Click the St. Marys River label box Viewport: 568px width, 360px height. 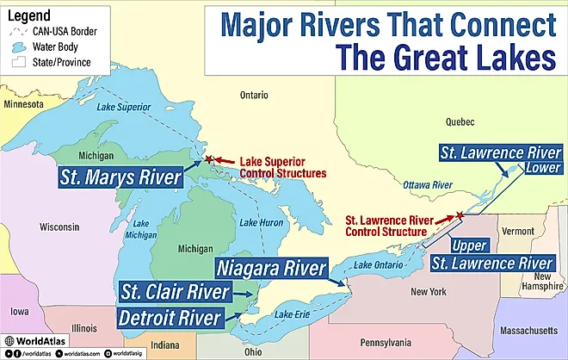[x=121, y=178]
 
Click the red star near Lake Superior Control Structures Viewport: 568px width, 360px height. [x=207, y=159]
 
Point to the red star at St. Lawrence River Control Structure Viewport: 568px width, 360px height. [x=460, y=215]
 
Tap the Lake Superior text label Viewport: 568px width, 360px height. [x=120, y=108]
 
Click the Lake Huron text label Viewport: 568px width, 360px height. [x=261, y=223]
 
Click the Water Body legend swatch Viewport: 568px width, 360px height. [x=17, y=47]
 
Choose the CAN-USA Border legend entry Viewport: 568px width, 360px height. [x=57, y=32]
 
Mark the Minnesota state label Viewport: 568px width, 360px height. [x=23, y=104]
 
